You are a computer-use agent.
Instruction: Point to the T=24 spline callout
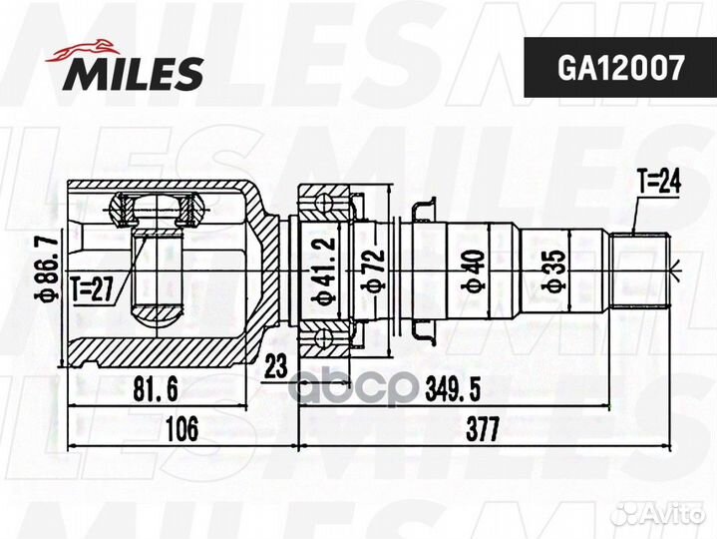(x=657, y=183)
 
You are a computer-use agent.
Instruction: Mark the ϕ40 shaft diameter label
(x=473, y=269)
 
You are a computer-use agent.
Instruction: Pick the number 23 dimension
(x=276, y=366)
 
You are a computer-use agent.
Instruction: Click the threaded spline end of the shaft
(x=643, y=269)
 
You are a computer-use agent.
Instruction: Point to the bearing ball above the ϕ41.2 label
(x=324, y=206)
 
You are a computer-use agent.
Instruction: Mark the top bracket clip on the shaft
(x=423, y=208)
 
